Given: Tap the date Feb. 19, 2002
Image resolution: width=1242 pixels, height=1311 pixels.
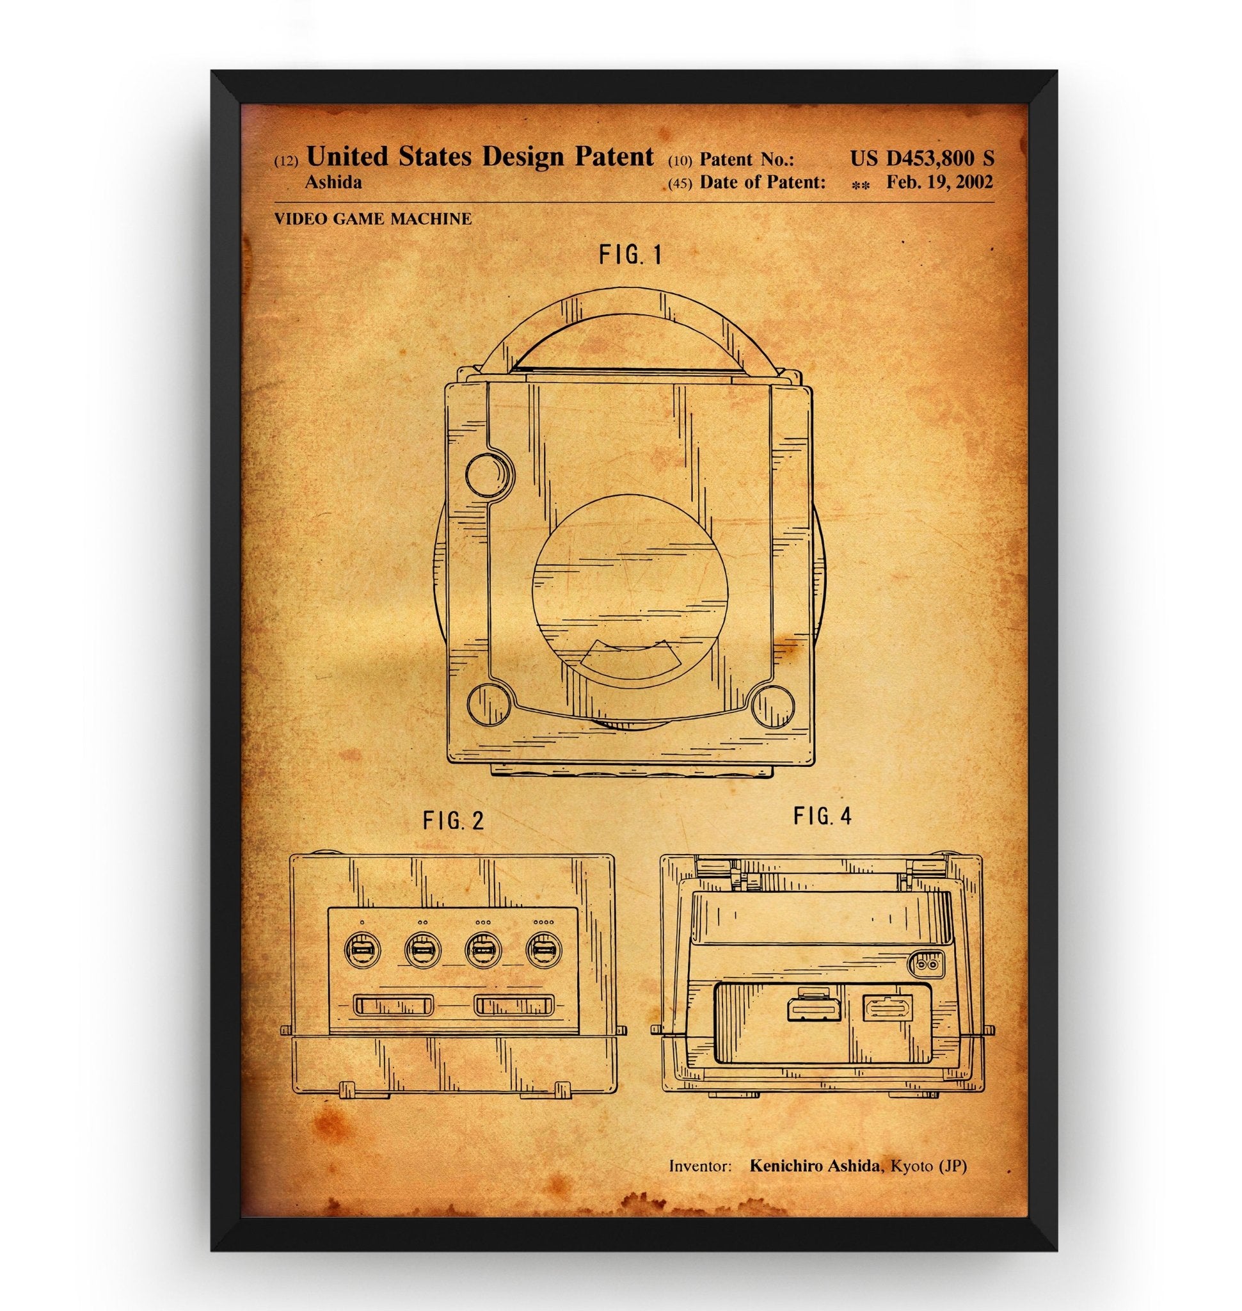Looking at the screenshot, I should tap(939, 182).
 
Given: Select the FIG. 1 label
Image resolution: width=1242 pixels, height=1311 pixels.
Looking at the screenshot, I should tap(630, 255).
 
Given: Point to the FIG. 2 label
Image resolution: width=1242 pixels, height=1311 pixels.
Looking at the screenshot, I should tap(454, 821).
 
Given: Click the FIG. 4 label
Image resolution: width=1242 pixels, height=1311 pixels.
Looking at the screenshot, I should tap(823, 817).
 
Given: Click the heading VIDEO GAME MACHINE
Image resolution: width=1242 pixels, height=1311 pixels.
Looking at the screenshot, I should tap(373, 219).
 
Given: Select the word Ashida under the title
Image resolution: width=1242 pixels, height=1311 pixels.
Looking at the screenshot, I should tap(333, 183).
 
